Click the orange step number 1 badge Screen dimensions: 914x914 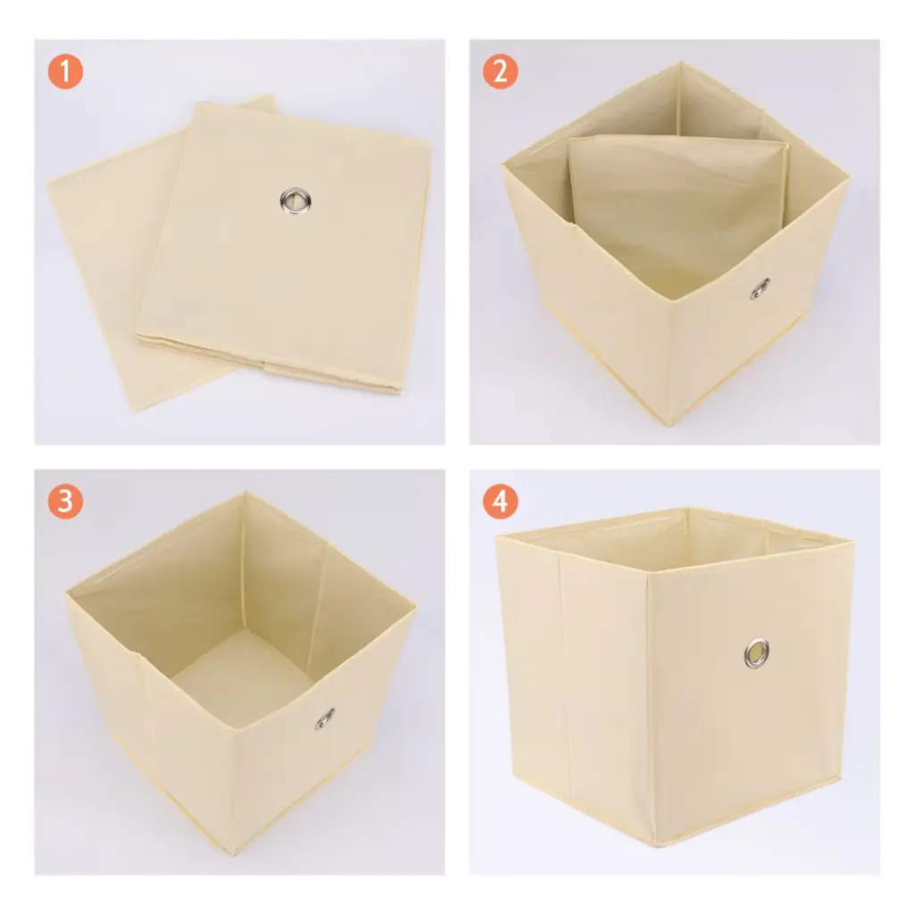pyautogui.click(x=65, y=71)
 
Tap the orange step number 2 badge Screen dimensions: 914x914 pyautogui.click(x=500, y=71)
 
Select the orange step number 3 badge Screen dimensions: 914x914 pyautogui.click(x=65, y=502)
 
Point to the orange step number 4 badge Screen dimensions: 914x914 pyautogui.click(x=500, y=502)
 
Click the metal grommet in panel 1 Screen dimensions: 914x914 pyautogui.click(x=295, y=201)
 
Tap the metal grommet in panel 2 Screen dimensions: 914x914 pyautogui.click(x=760, y=288)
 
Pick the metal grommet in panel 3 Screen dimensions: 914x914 pyautogui.click(x=325, y=719)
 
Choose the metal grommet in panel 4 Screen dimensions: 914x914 pyautogui.click(x=756, y=652)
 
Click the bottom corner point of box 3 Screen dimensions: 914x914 pyautogui.click(x=236, y=852)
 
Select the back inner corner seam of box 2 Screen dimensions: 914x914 pyautogui.click(x=679, y=99)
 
